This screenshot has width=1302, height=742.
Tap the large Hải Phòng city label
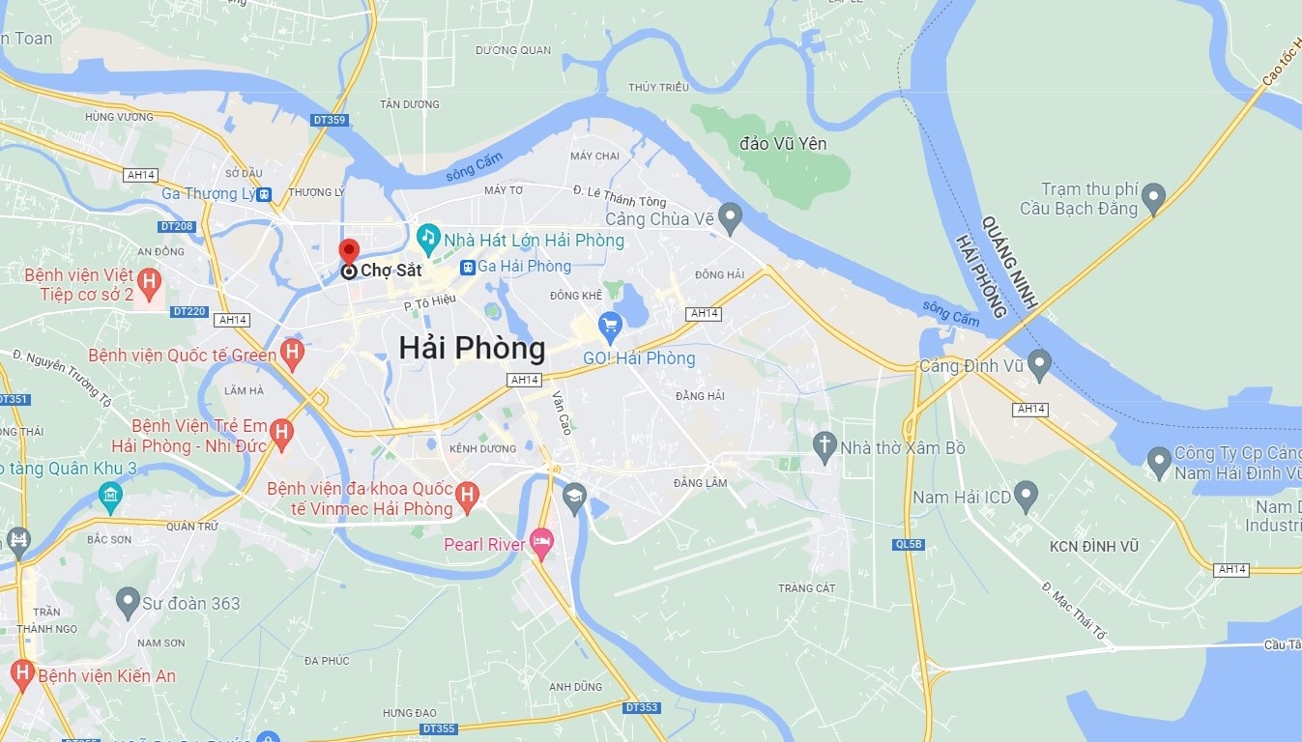pos(472,348)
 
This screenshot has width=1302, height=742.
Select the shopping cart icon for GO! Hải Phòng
pos(609,326)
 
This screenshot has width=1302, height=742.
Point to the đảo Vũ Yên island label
pos(783,144)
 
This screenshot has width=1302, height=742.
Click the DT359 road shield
pos(330,120)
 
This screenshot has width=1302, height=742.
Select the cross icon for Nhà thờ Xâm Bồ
pos(824,445)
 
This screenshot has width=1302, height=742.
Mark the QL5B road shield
pos(909,545)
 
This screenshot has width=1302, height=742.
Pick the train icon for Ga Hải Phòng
pos(467,267)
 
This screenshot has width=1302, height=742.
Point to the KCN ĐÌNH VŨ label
pos(1094,547)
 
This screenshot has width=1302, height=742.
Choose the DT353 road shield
pos(641,707)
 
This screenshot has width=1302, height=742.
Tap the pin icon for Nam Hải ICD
pos(1026,496)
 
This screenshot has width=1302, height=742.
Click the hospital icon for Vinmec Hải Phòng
pos(467,496)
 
